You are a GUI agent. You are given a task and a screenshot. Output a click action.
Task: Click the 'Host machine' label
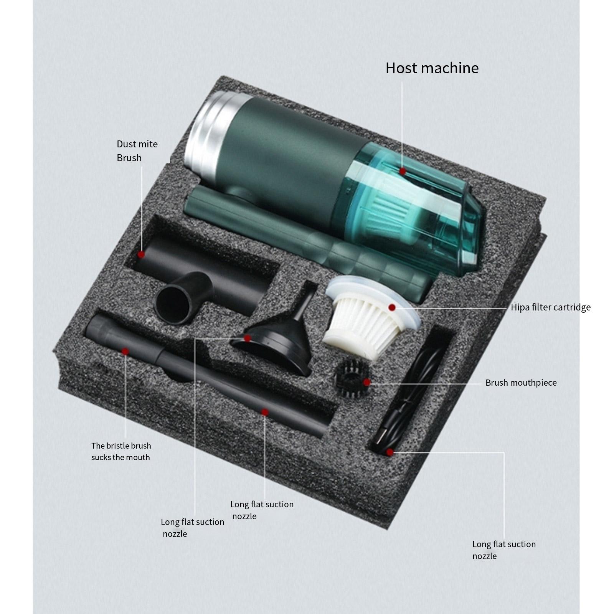point(432,68)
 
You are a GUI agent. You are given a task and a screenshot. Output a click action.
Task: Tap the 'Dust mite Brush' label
point(137,151)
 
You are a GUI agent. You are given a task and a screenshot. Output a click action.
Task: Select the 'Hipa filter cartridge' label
point(551,307)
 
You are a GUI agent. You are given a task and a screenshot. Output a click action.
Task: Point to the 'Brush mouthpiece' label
point(521,383)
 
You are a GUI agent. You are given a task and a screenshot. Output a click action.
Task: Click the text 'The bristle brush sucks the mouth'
point(121,451)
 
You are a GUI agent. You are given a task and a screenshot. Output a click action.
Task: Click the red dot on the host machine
point(402,171)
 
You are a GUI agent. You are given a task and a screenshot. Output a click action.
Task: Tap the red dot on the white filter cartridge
point(392,307)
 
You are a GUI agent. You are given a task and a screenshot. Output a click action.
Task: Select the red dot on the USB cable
point(390,452)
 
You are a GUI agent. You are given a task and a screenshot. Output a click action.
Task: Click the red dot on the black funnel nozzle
point(248,338)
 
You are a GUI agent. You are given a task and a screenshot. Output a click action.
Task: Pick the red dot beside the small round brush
point(367,383)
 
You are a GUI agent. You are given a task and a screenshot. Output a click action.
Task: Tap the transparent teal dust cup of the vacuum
point(414,207)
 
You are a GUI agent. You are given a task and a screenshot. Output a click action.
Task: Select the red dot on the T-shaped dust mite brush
point(141,254)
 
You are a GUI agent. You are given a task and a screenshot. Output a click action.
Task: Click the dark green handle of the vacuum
point(307,246)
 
